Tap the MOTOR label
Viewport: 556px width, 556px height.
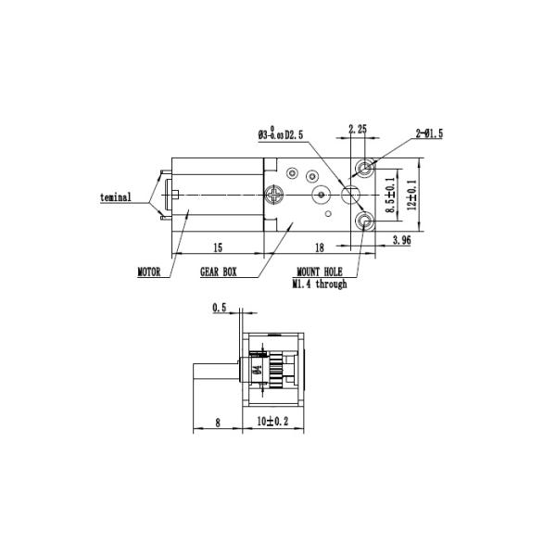pyautogui.click(x=150, y=273)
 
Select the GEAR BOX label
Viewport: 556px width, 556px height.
pyautogui.click(x=219, y=273)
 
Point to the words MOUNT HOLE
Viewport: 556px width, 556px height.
pyautogui.click(x=320, y=273)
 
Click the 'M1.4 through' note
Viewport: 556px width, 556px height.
pyautogui.click(x=320, y=284)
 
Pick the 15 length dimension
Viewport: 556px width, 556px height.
pyautogui.click(x=218, y=247)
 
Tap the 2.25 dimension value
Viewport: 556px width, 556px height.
pyautogui.click(x=360, y=129)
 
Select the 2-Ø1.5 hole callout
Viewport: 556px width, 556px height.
pyautogui.click(x=429, y=134)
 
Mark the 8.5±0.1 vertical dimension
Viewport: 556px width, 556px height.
pyautogui.click(x=391, y=196)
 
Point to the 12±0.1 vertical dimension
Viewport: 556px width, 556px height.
pyautogui.click(x=412, y=195)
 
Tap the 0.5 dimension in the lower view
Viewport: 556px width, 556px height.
pyautogui.click(x=219, y=307)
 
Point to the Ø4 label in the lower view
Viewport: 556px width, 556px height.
pyautogui.click(x=256, y=371)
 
